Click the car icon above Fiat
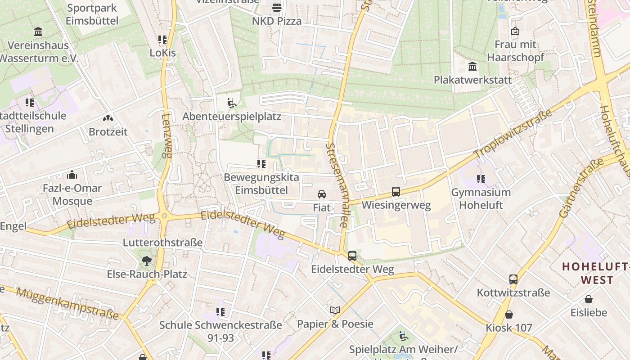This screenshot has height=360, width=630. [x=321, y=194]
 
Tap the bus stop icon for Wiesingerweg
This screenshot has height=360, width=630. [x=396, y=192]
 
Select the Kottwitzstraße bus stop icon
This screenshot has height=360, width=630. [x=513, y=279]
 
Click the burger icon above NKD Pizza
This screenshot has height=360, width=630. [x=276, y=8]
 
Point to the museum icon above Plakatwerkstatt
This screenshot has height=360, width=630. [x=472, y=67]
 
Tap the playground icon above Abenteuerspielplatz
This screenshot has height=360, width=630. [x=232, y=103]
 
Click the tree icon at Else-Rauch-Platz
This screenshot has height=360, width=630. [x=146, y=261]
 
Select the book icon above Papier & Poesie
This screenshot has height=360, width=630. [x=335, y=310]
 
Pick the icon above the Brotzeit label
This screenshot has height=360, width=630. [x=108, y=118]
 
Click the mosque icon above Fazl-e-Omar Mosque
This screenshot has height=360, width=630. [x=72, y=175]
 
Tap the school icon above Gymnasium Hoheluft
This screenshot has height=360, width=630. [x=481, y=179]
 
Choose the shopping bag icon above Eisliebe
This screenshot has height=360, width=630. [x=589, y=299]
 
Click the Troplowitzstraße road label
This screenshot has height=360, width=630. [x=513, y=134]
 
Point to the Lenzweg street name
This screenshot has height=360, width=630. [x=166, y=135]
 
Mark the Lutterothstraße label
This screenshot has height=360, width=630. [x=163, y=243]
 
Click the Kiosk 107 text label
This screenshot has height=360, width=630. [x=508, y=328]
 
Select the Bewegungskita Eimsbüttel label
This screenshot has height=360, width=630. [x=261, y=184]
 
